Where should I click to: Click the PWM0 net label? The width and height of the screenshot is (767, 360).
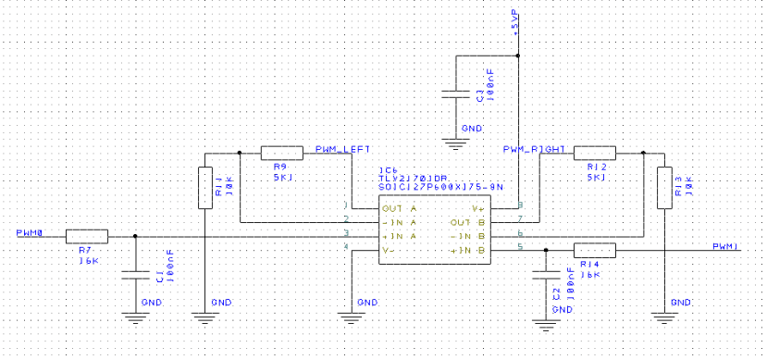pos(30,231)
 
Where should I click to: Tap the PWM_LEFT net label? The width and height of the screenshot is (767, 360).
pos(343,148)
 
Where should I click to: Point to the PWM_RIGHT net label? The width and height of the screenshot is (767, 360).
pos(534,148)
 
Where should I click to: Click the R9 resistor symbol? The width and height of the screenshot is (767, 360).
pos(282,153)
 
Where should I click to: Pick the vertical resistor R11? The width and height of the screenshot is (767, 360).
pos(204,187)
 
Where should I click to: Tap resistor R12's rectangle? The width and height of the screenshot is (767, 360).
pos(594,153)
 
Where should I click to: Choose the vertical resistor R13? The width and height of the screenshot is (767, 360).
pos(663,187)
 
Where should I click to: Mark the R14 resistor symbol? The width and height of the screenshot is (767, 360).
pos(594,250)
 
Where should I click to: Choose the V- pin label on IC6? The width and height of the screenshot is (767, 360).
pos(390,250)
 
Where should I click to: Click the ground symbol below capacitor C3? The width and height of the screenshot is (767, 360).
pos(453,142)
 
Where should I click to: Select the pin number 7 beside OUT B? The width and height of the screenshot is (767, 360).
pos(522,218)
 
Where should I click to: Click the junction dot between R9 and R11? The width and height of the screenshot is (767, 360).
pos(240,153)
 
